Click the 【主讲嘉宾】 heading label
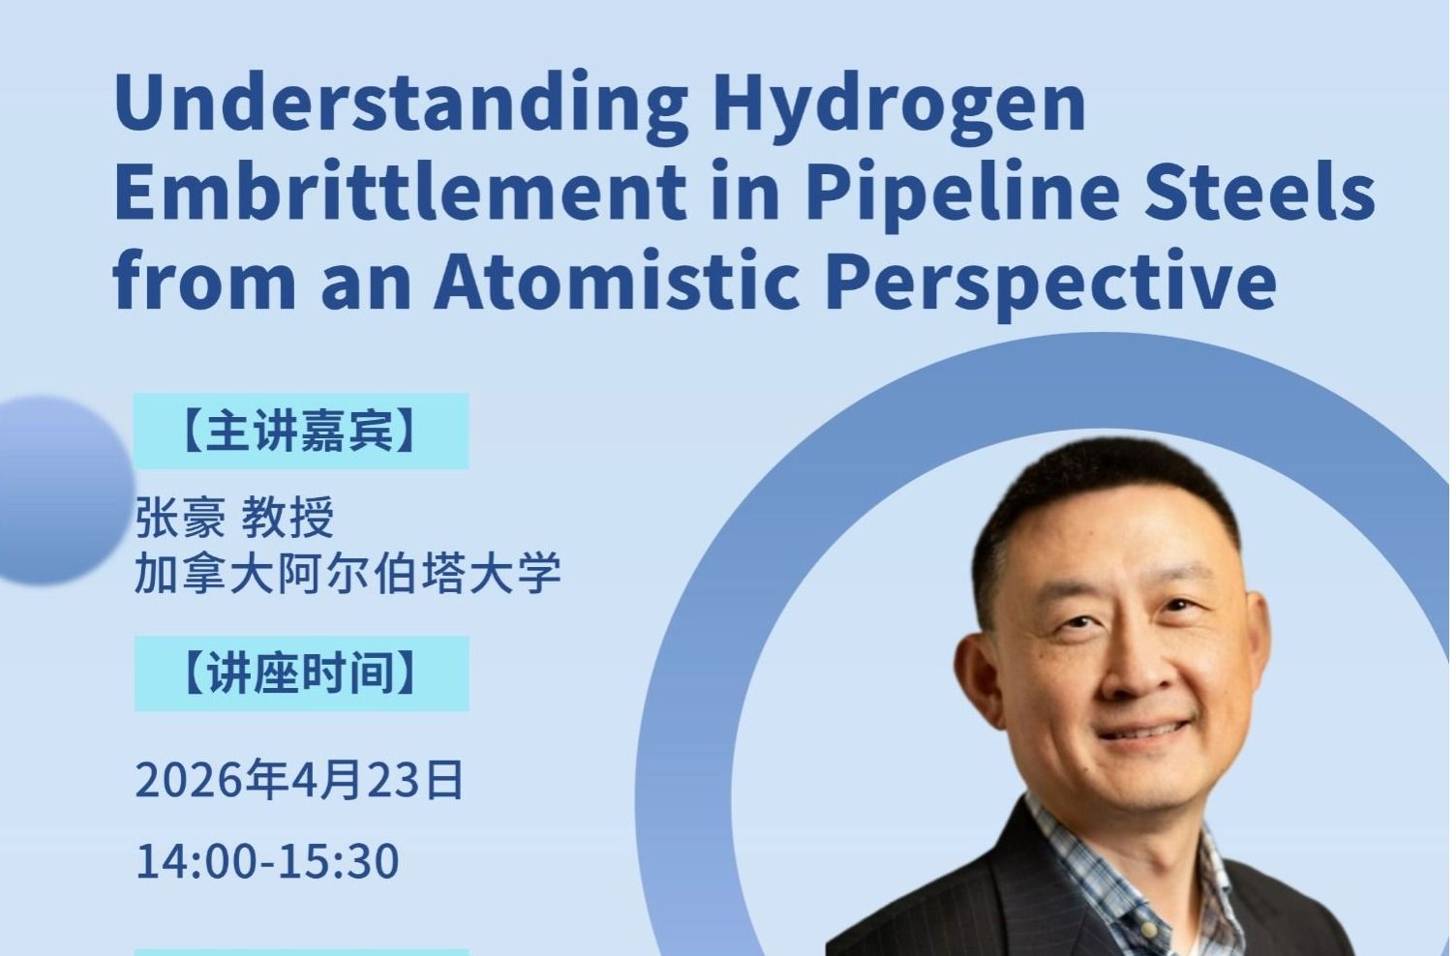tap(301, 432)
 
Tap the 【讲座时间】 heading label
tap(301, 673)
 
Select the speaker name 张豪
tap(180, 518)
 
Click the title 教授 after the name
tap(288, 518)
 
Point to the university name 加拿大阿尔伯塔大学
tap(348, 574)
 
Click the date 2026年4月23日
tap(300, 780)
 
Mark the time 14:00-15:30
tap(267, 860)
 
